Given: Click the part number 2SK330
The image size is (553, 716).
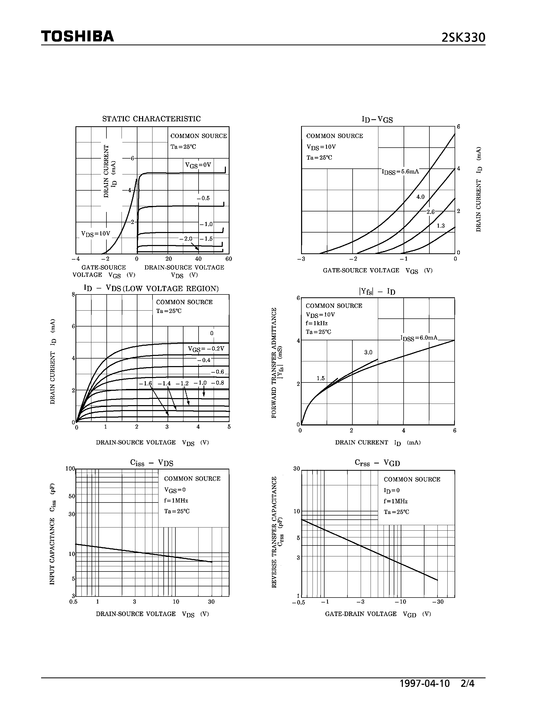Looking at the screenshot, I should [463, 38].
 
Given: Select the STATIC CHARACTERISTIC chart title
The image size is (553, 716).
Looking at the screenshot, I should [151, 119].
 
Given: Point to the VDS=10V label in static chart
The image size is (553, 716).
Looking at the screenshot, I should [96, 234].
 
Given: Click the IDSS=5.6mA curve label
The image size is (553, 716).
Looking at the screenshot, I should [400, 172].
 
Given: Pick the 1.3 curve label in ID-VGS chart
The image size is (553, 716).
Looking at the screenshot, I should [441, 225].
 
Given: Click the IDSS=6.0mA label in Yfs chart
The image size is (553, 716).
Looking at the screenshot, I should [419, 338].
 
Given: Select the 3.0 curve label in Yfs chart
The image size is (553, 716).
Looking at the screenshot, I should [368, 353].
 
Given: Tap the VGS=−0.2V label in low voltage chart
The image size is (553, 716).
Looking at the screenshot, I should [206, 349].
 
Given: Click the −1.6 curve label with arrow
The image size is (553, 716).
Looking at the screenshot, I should [145, 383].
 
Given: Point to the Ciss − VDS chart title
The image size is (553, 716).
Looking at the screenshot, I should [152, 463].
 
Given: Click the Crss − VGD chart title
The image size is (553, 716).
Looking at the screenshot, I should [377, 463].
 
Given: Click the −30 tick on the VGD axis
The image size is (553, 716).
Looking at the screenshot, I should [437, 602].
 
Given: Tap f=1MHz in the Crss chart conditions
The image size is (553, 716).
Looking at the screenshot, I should [395, 501].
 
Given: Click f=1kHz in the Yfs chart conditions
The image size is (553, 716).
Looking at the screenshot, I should [316, 323].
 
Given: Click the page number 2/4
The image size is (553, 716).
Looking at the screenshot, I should [467, 683].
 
